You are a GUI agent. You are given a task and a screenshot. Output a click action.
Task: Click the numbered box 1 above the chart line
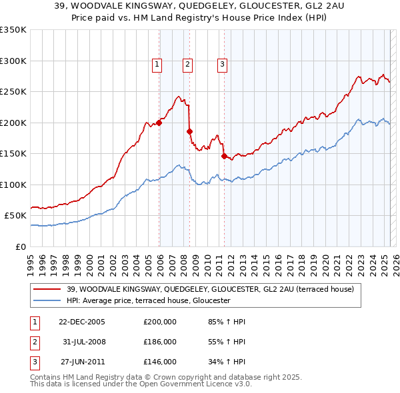(156, 65)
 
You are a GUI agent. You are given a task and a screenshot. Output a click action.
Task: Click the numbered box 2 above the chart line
(188, 65)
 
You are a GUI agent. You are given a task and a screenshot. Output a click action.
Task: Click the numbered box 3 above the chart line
(222, 65)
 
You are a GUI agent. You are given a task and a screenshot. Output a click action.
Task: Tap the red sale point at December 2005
(159, 123)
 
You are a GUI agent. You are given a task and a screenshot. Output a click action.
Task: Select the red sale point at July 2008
(190, 131)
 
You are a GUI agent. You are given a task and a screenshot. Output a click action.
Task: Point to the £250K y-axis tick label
(13, 92)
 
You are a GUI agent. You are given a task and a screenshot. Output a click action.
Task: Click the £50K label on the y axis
(15, 216)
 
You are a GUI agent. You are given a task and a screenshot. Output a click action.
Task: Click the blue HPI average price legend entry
(148, 301)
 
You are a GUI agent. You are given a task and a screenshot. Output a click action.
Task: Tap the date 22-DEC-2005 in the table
(82, 322)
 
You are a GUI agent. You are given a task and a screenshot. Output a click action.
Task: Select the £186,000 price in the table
(159, 342)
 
